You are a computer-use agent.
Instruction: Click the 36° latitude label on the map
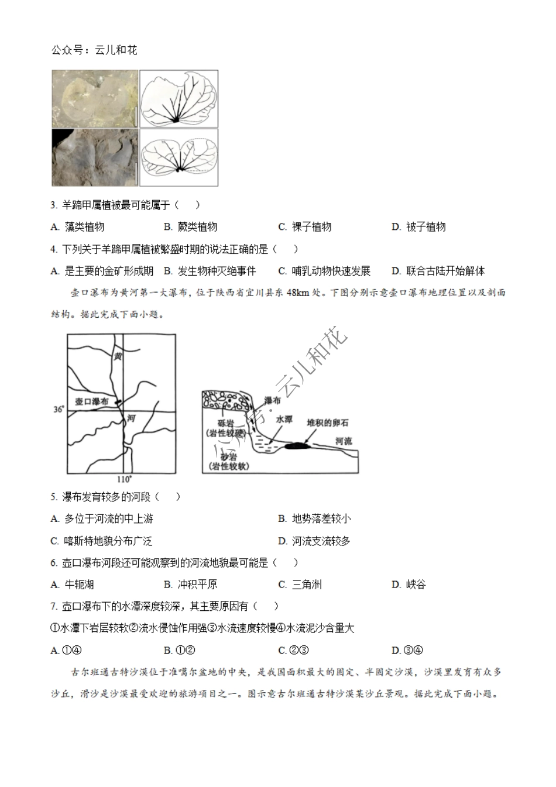coord(59,409)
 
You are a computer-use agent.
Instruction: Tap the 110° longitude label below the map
coord(124,479)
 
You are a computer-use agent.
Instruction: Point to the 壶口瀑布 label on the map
coord(92,402)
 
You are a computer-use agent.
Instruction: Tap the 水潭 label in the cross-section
coord(284,420)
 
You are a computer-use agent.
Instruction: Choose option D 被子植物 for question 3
coord(419,227)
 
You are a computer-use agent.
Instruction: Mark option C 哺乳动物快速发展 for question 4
coord(324,271)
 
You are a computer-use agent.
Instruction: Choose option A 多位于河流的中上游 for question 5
coord(103,518)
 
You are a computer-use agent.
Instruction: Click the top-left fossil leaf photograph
coord(95,98)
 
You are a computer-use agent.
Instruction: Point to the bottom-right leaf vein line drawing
coord(179,157)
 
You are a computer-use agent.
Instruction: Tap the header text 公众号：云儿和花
coord(94,50)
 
